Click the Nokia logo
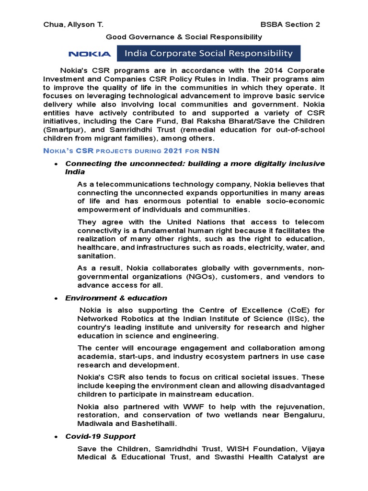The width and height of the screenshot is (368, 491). (x=90, y=54)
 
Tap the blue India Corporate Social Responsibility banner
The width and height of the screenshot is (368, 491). (x=208, y=53)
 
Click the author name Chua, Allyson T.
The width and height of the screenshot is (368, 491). (x=73, y=24)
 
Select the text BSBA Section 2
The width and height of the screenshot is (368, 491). (x=290, y=24)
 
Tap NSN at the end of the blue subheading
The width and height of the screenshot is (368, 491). (x=210, y=151)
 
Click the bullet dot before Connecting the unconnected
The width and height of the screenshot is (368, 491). (x=57, y=164)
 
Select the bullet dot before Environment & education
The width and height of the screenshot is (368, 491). (x=57, y=298)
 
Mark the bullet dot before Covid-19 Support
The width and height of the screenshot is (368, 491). (x=57, y=436)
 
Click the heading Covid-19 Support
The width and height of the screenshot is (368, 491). (x=100, y=436)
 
